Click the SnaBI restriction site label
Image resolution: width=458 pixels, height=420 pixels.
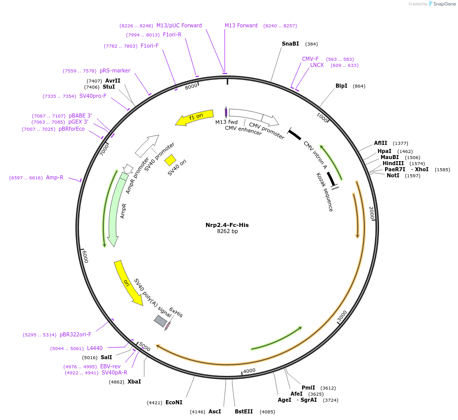[290, 44]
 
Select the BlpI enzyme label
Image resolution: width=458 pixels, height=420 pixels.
[341, 86]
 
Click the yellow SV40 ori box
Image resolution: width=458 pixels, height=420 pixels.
[170, 160]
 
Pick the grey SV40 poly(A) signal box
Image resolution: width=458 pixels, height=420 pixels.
[160, 321]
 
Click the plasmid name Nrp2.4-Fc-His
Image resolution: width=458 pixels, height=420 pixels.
[227, 225]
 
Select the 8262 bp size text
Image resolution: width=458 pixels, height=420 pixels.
[227, 232]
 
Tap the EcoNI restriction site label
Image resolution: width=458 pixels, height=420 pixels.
[174, 402]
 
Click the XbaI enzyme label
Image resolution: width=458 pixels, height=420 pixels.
[134, 381]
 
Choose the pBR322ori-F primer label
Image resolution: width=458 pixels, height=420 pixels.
[75, 334]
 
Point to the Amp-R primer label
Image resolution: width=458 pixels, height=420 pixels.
[55, 177]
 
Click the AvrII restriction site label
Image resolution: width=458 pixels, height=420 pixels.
[112, 81]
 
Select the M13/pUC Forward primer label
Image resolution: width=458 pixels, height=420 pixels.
[179, 25]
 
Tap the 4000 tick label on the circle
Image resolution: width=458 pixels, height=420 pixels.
[249, 371]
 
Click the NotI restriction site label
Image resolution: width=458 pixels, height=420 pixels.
[393, 175]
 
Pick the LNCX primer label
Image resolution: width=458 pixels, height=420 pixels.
[317, 65]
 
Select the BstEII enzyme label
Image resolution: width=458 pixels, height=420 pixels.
[243, 411]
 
